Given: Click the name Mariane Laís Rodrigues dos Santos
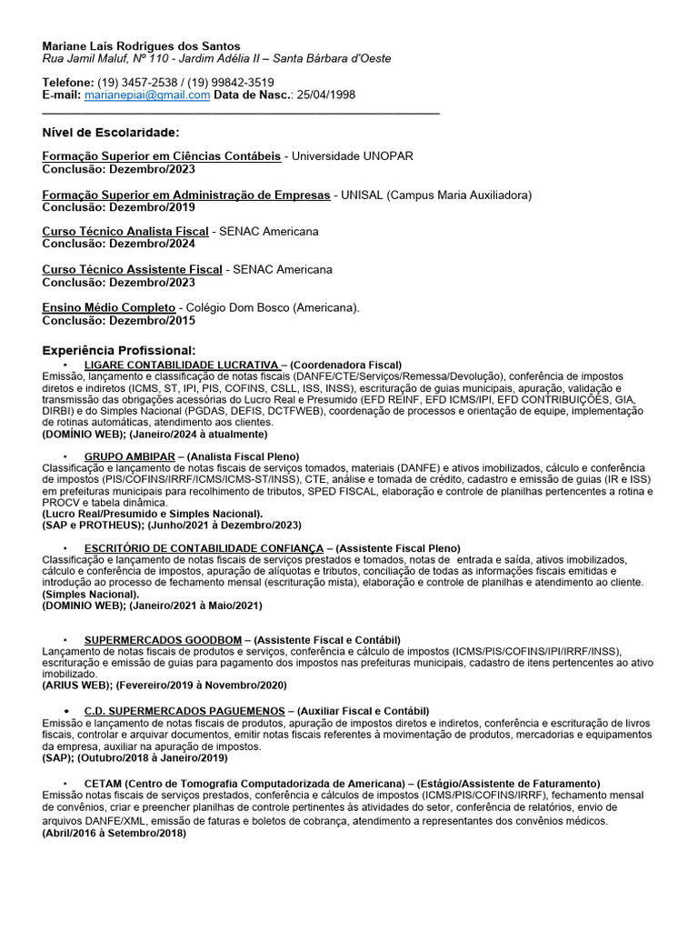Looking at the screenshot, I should (141, 45).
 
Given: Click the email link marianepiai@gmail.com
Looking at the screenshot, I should (147, 95).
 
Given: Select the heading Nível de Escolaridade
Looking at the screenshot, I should (111, 133).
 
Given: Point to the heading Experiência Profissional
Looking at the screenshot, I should (119, 350).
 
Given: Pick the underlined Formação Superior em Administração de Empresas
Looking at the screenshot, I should (187, 195).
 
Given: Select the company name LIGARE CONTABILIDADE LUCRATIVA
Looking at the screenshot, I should (181, 365).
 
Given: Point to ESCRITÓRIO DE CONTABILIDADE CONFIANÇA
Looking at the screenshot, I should (204, 547).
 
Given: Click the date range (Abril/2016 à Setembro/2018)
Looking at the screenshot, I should (114, 833).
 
